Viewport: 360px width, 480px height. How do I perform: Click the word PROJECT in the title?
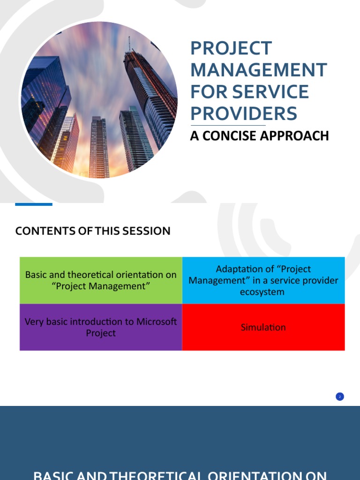pyautogui.click(x=231, y=48)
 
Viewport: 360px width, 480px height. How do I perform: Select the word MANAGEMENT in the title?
pyautogui.click(x=258, y=70)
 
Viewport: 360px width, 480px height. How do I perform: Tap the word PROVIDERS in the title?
pyautogui.click(x=243, y=113)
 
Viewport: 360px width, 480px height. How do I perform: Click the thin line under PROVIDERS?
pyautogui.click(x=228, y=125)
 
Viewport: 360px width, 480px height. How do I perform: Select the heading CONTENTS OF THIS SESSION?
pyautogui.click(x=93, y=231)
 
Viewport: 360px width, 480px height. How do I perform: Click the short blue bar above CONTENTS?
pyautogui.click(x=33, y=204)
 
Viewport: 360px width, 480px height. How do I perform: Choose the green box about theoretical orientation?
pyautogui.click(x=101, y=280)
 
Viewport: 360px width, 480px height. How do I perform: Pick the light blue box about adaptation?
pyautogui.click(x=263, y=280)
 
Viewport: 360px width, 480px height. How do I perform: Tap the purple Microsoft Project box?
pyautogui.click(x=101, y=327)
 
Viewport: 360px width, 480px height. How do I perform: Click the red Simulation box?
pyautogui.click(x=263, y=327)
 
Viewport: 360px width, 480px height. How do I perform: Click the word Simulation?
pyautogui.click(x=263, y=327)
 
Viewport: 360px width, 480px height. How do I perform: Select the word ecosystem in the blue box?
pyautogui.click(x=263, y=292)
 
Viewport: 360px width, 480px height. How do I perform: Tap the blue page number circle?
pyautogui.click(x=340, y=397)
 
